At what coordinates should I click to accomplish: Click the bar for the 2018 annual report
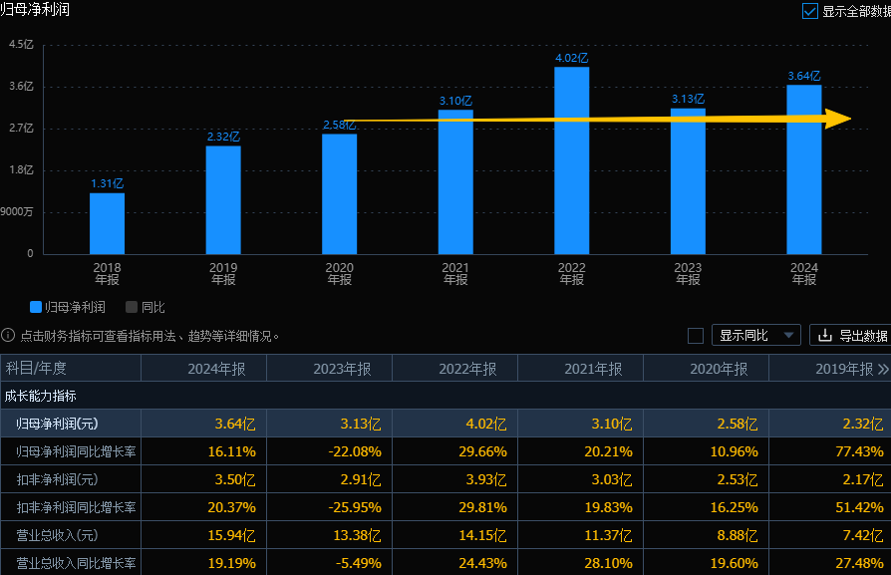pyautogui.click(x=107, y=223)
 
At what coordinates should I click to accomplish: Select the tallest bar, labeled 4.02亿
pyautogui.click(x=571, y=160)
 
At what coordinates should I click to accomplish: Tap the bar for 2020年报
pyautogui.click(x=339, y=193)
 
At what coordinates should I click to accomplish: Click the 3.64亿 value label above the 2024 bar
pyautogui.click(x=803, y=76)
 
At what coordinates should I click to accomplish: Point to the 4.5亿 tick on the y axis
pyautogui.click(x=21, y=44)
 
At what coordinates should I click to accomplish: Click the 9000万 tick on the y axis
pyautogui.click(x=17, y=211)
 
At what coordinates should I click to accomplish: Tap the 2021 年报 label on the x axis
pyautogui.click(x=455, y=273)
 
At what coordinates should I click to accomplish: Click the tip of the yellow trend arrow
pyautogui.click(x=848, y=120)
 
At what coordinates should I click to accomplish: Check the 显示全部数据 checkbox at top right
pyautogui.click(x=810, y=11)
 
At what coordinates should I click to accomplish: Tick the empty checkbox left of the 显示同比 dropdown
pyautogui.click(x=696, y=336)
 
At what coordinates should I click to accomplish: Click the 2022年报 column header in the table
pyautogui.click(x=467, y=369)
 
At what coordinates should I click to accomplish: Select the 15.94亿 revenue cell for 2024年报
pyautogui.click(x=235, y=535)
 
